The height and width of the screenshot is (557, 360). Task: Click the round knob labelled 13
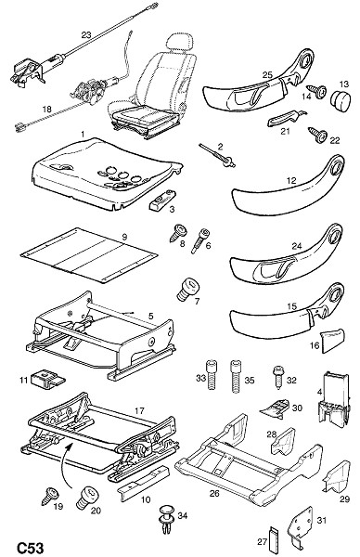click(341, 98)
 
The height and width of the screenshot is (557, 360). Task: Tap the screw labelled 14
click(316, 90)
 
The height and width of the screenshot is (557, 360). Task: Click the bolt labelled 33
click(212, 375)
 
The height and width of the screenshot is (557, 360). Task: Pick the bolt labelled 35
click(236, 376)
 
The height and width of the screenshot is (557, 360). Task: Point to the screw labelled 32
click(278, 379)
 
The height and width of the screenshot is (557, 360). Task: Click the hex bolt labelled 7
click(187, 290)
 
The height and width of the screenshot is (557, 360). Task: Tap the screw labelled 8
click(177, 232)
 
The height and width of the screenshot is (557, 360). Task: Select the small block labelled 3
click(162, 201)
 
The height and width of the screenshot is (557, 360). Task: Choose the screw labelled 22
click(317, 135)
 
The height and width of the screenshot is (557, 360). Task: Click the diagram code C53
click(31, 548)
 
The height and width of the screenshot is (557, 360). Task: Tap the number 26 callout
click(214, 494)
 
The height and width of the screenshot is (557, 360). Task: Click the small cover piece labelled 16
click(333, 341)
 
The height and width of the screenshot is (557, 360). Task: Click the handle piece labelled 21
click(285, 118)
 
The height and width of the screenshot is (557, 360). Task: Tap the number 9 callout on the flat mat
click(124, 237)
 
